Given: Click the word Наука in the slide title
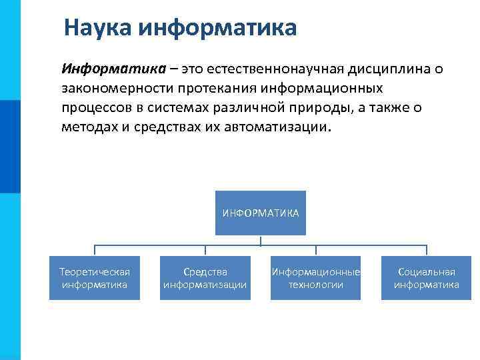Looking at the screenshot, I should [x=98, y=28].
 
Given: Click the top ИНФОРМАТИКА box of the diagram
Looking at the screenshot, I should [x=260, y=213].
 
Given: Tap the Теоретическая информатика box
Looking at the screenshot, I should [x=95, y=278].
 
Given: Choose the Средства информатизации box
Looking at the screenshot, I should [x=205, y=278].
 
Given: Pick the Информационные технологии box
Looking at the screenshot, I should [x=315, y=278].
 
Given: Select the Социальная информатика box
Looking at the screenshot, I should [x=426, y=278].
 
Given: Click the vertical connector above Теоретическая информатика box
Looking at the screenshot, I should [x=95, y=251].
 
